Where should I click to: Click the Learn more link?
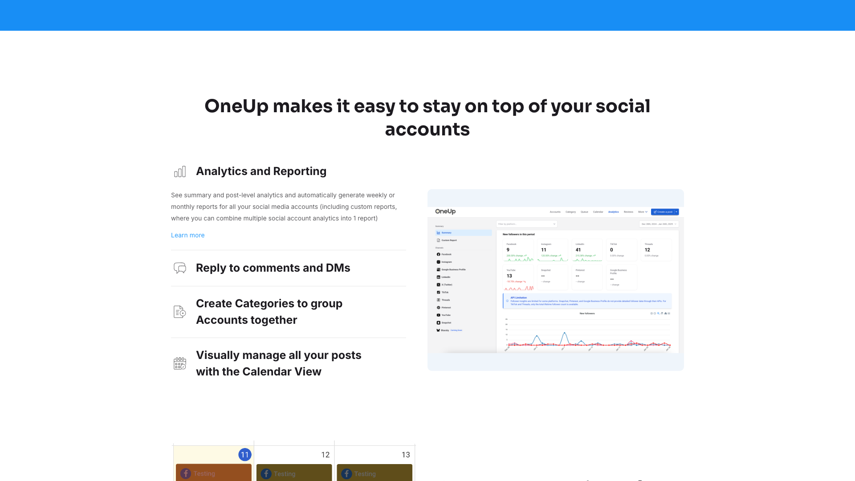pos(187,235)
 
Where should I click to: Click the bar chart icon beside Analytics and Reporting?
pos(180,171)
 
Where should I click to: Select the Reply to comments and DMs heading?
pos(273,268)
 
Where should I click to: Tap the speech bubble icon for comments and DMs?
pos(180,268)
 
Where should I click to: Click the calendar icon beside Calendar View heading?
pos(180,363)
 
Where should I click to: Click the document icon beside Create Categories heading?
pos(180,312)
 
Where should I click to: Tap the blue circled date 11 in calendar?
pos(245,455)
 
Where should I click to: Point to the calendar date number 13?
pos(406,455)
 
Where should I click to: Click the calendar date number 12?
pos(326,455)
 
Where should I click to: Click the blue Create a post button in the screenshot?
pos(663,212)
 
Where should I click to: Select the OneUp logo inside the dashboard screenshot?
pos(445,212)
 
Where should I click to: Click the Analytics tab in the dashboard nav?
pos(613,212)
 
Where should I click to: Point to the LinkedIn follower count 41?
pos(578,250)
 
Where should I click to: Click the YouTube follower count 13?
pos(509,276)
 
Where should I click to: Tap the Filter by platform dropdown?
pos(526,224)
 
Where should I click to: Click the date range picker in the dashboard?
pos(659,224)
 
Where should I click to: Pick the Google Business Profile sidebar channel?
pos(453,269)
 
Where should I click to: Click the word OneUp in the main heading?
pos(236,106)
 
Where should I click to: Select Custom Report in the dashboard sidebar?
pos(449,240)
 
